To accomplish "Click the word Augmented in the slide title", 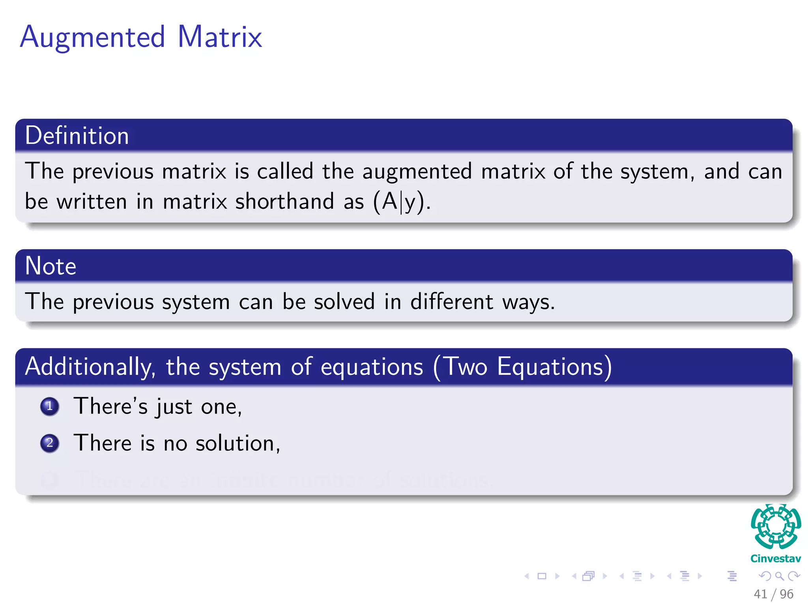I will click(92, 37).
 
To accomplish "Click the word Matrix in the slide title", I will click(219, 37).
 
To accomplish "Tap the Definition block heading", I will click(77, 136).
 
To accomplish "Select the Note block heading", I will click(50, 266).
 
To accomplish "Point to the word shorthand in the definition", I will click(284, 202).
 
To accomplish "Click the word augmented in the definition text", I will click(417, 172).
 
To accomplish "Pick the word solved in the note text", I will click(344, 302).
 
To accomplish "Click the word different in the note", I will click(451, 302).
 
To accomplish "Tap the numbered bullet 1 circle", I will click(50, 406).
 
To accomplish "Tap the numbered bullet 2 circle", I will click(50, 443).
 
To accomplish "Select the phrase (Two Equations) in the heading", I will click(523, 367).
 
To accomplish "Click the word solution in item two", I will click(238, 443).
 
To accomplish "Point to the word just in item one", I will click(174, 407).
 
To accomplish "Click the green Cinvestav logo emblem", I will click(776, 527).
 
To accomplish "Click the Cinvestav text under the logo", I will click(776, 559).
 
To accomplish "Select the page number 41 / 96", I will click(773, 594).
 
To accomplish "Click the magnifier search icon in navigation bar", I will click(779, 576).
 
